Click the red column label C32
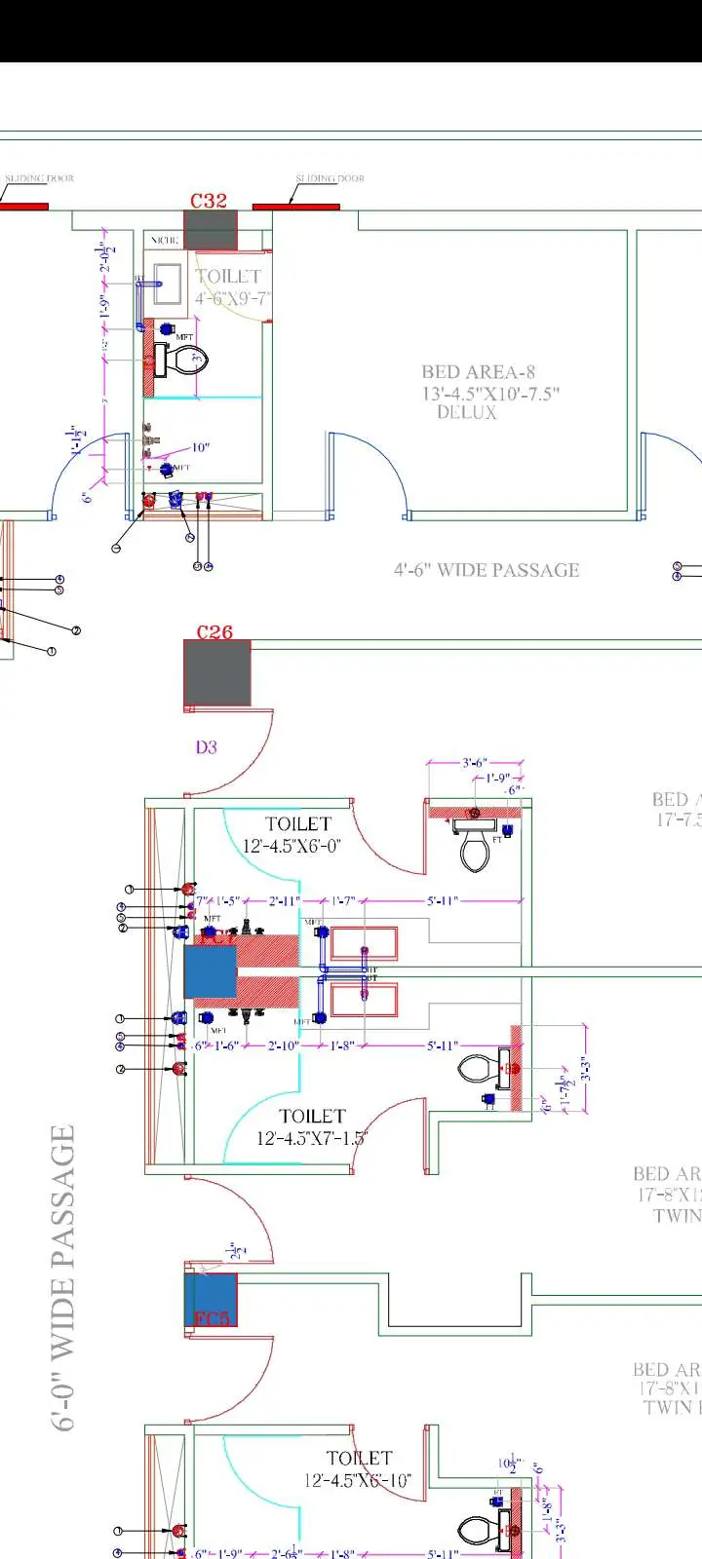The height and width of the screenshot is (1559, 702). tap(209, 200)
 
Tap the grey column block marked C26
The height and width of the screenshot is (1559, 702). tap(217, 673)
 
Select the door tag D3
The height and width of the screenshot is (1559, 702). tap(206, 747)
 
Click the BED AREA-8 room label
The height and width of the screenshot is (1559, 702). tap(478, 371)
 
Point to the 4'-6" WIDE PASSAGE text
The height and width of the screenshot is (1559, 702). tap(487, 570)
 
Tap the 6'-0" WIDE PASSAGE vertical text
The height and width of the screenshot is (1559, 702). tap(62, 1276)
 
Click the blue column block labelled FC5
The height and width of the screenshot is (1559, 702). tap(212, 1299)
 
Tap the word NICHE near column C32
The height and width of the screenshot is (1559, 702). tap(164, 240)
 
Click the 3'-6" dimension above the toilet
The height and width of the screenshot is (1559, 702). tap(475, 763)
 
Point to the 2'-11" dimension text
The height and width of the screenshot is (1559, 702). tap(285, 901)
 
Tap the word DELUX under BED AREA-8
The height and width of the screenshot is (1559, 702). tap(466, 413)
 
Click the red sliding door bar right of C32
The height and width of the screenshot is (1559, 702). tap(296, 207)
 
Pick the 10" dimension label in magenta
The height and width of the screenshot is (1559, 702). tap(200, 447)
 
